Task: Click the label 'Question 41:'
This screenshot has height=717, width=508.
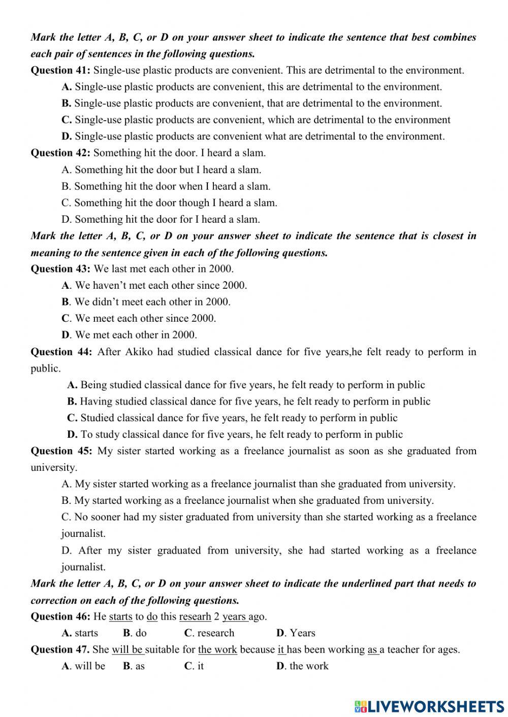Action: tap(60, 70)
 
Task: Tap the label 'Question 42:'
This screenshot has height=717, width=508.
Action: tap(60, 153)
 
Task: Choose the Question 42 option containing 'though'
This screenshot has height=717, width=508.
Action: tap(169, 202)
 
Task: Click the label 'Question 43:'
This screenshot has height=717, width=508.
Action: tap(60, 268)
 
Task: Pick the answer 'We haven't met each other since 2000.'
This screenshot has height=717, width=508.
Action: tap(154, 285)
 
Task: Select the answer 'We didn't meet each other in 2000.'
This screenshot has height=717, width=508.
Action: tap(146, 301)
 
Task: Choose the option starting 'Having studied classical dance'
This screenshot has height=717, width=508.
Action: tap(248, 401)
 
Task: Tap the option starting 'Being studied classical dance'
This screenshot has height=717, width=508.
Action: tap(246, 385)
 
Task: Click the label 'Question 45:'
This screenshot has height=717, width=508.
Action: tap(61, 451)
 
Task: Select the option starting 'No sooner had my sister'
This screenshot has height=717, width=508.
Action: tap(269, 517)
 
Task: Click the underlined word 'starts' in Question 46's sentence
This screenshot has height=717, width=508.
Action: tap(120, 617)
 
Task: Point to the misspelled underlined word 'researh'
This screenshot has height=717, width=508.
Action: tap(195, 617)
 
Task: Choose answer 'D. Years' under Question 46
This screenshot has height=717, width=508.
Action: tap(296, 633)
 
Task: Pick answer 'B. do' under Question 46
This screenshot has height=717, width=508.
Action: tap(135, 633)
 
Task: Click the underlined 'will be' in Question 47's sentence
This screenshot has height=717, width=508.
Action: tap(128, 650)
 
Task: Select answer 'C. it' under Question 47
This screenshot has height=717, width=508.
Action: tap(194, 666)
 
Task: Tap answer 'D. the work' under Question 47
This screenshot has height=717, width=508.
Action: tap(302, 666)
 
